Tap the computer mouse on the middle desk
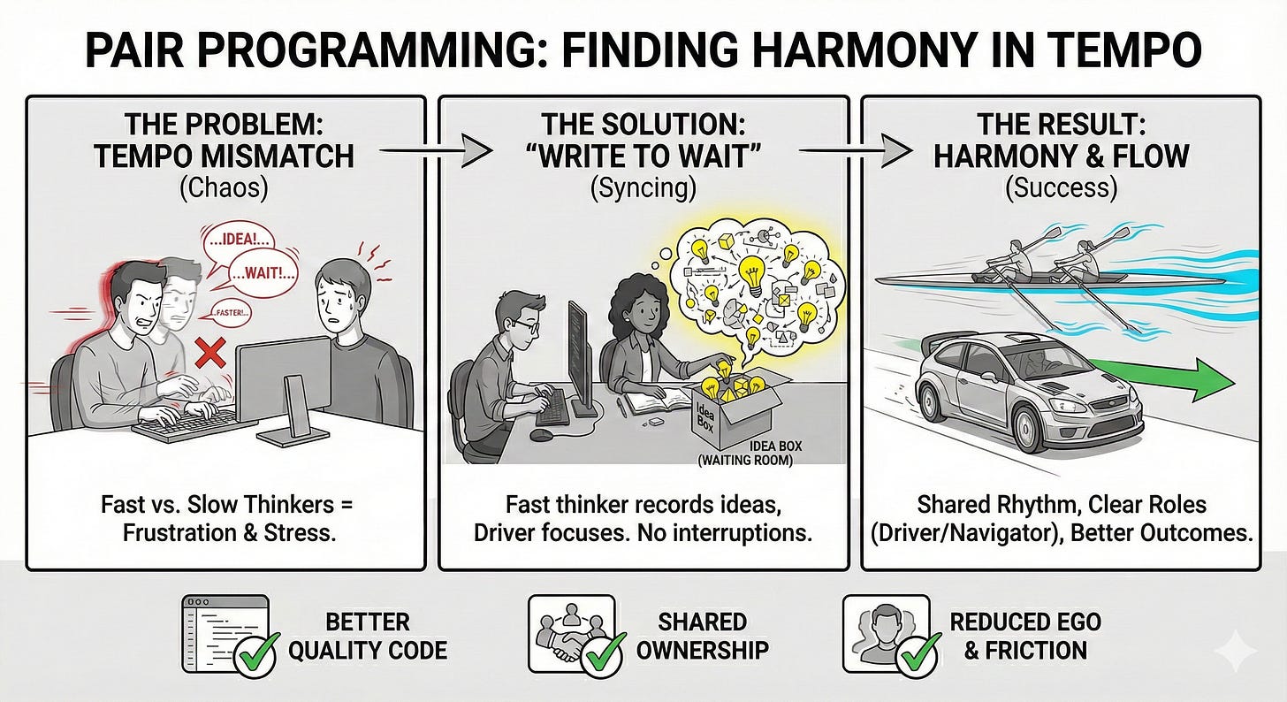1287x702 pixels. [542, 434]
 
